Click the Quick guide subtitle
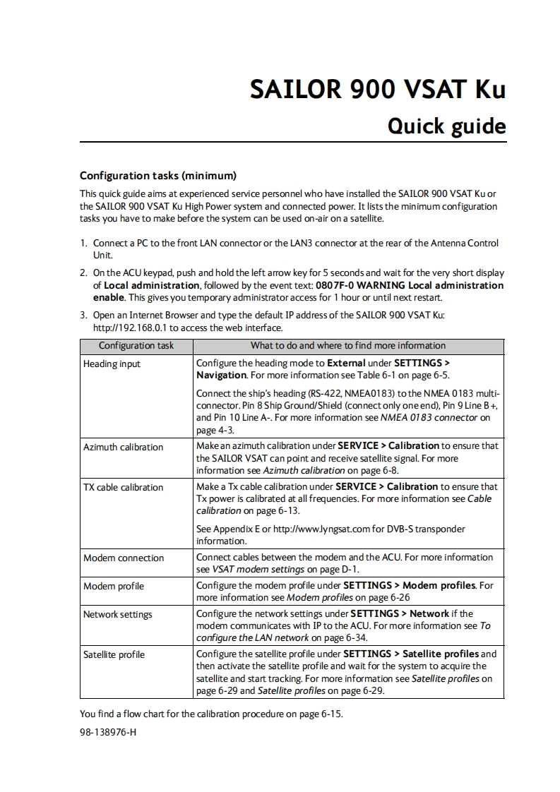[447, 126]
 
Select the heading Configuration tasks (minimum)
[157, 175]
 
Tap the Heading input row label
[112, 364]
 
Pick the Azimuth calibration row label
[123, 447]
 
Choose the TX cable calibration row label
[123, 487]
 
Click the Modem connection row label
[124, 558]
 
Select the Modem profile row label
[114, 586]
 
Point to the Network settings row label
[118, 614]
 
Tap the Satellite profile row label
[114, 654]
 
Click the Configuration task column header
[136, 346]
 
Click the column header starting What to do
[348, 346]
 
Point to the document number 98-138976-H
[108, 732]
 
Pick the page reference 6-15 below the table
[331, 714]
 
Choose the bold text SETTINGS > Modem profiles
[410, 586]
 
